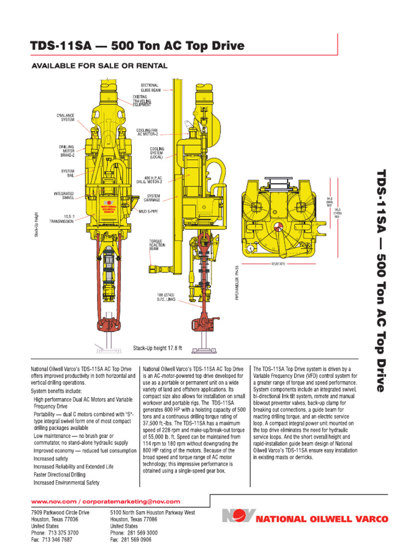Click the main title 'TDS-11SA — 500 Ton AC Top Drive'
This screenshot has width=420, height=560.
point(137,46)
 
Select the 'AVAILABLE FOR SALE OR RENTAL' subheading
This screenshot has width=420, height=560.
point(99,66)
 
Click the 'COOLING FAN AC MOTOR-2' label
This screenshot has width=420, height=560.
point(147,132)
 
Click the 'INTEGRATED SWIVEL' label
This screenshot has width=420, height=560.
point(64,195)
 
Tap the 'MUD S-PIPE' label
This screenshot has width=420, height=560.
point(149,211)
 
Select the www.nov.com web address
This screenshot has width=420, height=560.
point(54,501)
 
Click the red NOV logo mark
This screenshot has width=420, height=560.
point(239,516)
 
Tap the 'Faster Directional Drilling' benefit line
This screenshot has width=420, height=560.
point(60,475)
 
